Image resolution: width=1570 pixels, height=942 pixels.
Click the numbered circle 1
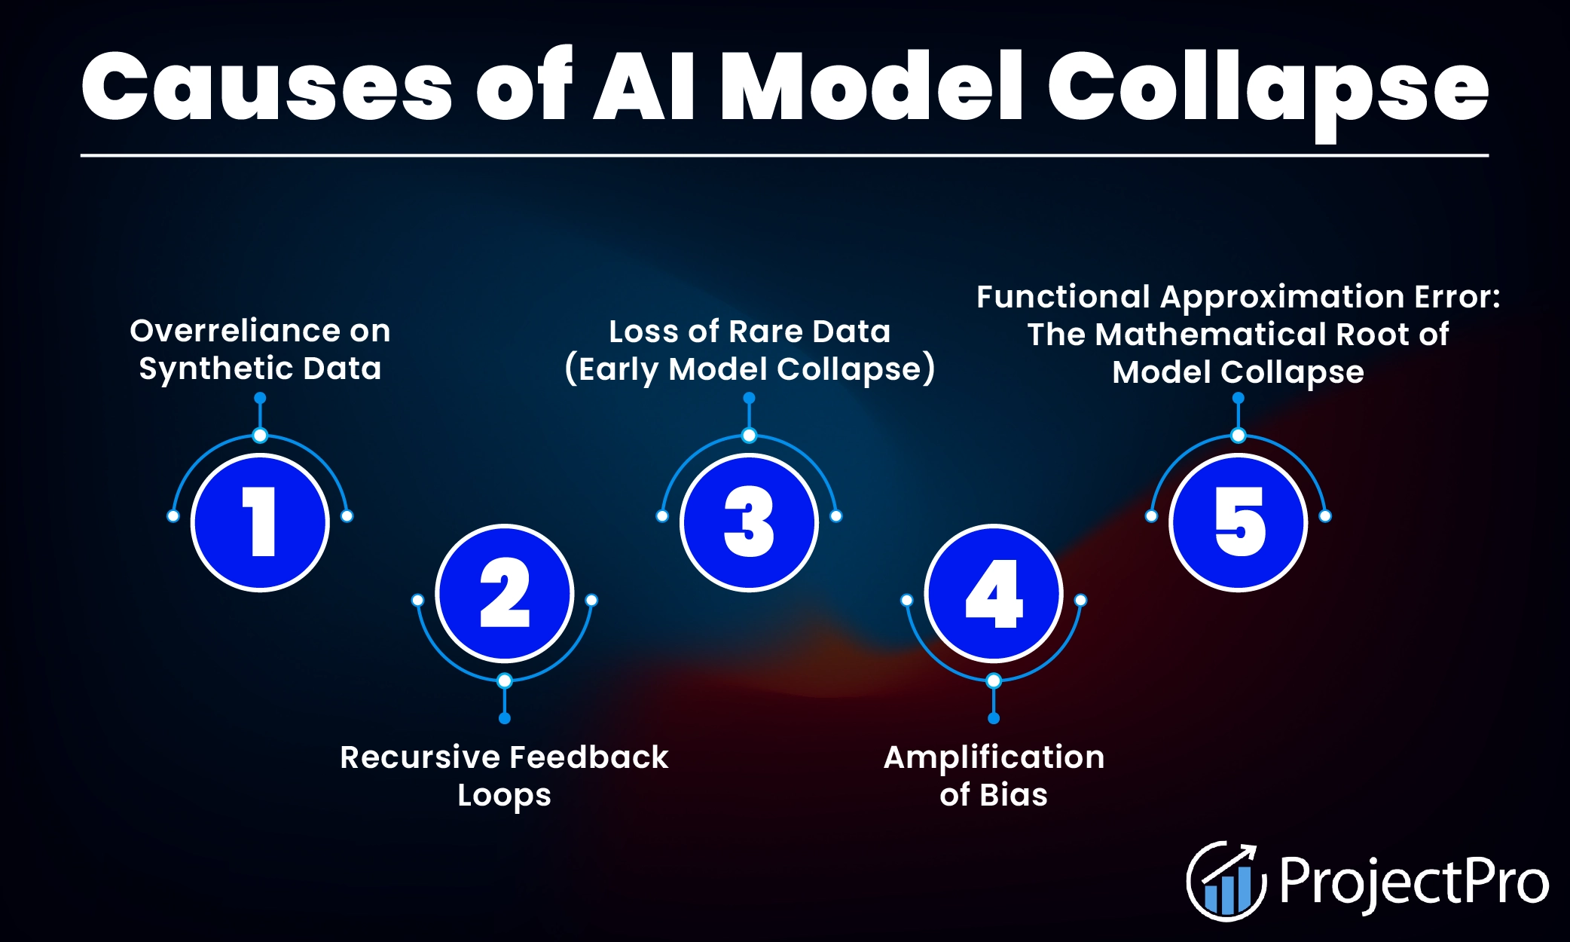(x=260, y=522)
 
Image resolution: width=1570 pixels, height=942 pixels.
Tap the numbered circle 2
(x=505, y=593)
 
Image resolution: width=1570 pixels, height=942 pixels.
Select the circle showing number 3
(x=749, y=522)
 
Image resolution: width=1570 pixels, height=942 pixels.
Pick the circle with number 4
(x=994, y=593)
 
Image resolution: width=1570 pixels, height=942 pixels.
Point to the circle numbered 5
(x=1238, y=522)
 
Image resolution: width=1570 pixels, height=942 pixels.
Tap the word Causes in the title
(x=267, y=87)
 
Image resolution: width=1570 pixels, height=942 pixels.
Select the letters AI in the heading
(x=644, y=87)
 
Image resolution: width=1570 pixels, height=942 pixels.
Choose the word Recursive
(x=419, y=757)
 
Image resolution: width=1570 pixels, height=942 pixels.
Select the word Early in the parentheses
(x=619, y=370)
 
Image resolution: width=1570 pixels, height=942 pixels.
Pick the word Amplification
(x=994, y=757)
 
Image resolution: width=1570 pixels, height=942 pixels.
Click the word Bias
(x=1014, y=795)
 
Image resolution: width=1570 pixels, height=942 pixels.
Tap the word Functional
(x=1063, y=297)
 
